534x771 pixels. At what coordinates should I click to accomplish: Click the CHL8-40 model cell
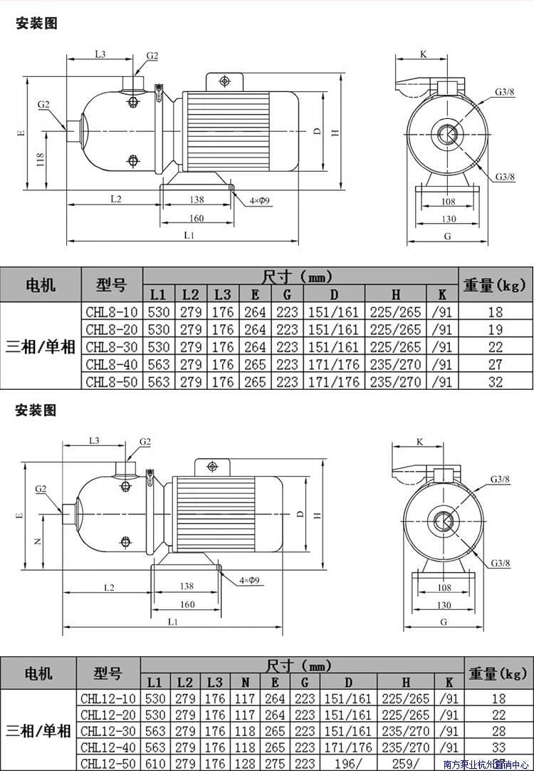click(x=112, y=364)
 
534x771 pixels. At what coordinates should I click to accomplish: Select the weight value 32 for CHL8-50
click(x=496, y=382)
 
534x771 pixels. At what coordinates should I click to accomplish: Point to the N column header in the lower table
click(x=245, y=682)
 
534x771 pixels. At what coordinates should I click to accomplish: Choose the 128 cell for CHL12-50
click(x=245, y=764)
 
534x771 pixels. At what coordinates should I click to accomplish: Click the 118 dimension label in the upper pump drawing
click(x=41, y=160)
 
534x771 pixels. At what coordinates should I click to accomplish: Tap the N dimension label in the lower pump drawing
click(x=38, y=541)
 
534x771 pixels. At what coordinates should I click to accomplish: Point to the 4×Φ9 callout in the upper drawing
click(x=259, y=201)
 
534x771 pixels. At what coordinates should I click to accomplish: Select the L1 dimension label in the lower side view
click(x=172, y=621)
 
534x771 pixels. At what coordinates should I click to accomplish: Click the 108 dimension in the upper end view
click(x=447, y=201)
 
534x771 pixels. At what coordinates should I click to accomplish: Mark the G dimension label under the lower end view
click(x=444, y=621)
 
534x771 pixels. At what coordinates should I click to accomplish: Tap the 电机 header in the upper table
click(x=41, y=285)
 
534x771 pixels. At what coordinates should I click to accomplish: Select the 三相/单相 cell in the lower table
click(x=38, y=730)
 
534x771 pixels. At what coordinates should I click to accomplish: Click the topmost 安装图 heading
click(x=36, y=24)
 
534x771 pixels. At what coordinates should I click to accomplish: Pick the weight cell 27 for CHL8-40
click(x=496, y=364)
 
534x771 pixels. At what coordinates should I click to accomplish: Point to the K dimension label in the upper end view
click(x=423, y=54)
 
